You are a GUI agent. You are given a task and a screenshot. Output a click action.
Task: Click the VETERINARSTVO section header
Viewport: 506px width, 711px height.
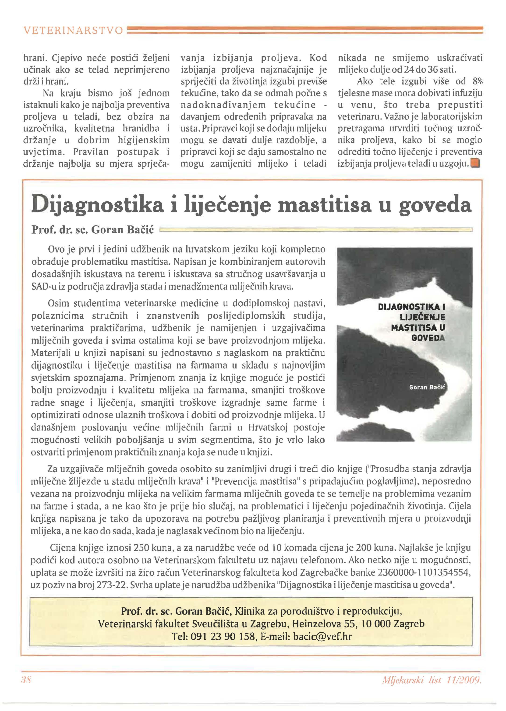coord(73,31)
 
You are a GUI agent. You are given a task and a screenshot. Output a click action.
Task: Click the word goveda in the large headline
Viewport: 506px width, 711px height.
coord(435,205)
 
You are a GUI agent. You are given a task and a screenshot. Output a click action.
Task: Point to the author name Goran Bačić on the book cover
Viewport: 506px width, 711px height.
coord(427,388)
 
